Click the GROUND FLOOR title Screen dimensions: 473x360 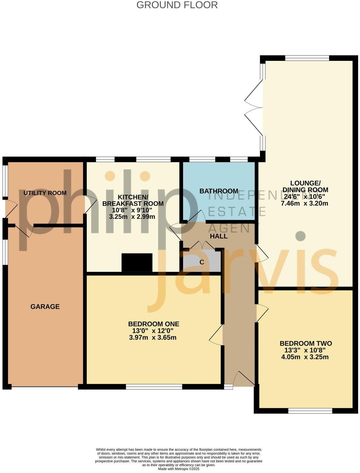point(177,5)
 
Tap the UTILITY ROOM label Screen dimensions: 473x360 point(45,193)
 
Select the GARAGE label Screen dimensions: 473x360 point(45,307)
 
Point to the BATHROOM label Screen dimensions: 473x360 point(219,191)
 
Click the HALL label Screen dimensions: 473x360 point(219,236)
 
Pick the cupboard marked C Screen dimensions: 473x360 point(202,262)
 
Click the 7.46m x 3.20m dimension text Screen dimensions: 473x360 point(305,203)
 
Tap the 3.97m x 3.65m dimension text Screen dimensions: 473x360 point(153,338)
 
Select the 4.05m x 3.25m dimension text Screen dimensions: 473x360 point(305,357)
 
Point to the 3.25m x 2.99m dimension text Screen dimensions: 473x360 point(132,217)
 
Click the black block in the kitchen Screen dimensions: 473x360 point(137,263)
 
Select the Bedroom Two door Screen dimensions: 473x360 point(262,313)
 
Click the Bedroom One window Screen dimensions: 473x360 point(154,387)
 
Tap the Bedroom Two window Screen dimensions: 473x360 point(310,411)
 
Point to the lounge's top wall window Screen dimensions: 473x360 point(307,58)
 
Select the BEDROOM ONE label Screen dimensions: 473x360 point(154,324)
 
